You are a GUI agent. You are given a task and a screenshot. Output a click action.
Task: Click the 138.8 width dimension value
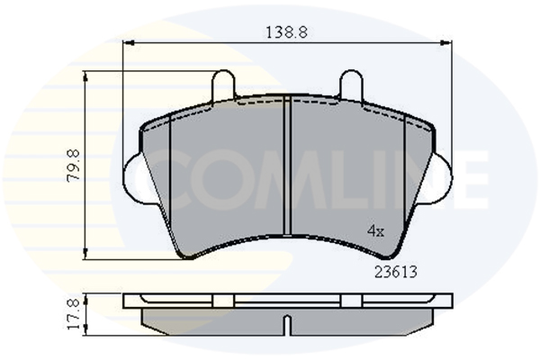tap(286, 32)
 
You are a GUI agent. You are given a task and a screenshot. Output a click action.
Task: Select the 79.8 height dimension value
tap(74, 166)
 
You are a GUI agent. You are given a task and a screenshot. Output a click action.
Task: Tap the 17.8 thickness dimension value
tap(74, 314)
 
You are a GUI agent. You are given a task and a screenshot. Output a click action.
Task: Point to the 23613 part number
tap(396, 272)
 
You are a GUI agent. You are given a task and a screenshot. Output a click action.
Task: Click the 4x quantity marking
tap(375, 230)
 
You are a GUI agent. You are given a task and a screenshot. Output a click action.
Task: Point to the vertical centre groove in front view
tap(287, 166)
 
